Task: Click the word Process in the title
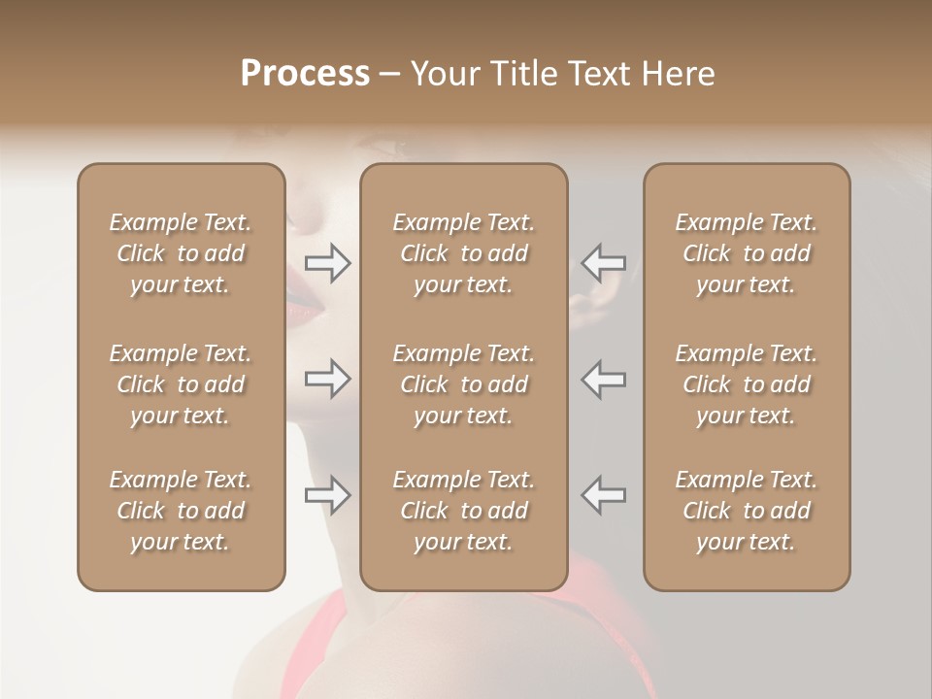click(x=305, y=74)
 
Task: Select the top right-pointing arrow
click(x=328, y=262)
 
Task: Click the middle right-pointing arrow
click(x=328, y=379)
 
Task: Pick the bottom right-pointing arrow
click(x=328, y=495)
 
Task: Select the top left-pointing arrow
click(x=603, y=262)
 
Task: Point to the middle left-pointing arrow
click(x=603, y=379)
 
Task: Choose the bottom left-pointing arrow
click(x=603, y=495)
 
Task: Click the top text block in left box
click(x=181, y=253)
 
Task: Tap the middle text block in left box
click(x=181, y=384)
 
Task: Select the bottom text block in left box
click(x=181, y=511)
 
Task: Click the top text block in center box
click(x=464, y=253)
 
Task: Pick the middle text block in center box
click(x=464, y=384)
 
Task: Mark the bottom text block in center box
click(x=464, y=511)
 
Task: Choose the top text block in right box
click(x=747, y=253)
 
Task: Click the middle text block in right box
click(x=747, y=384)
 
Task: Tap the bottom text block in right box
click(x=747, y=511)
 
